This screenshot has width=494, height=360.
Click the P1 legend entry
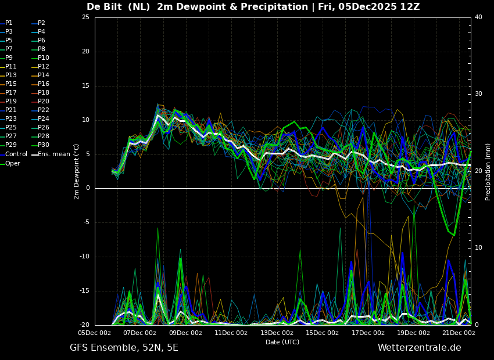[x=9, y=23]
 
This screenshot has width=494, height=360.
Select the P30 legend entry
[x=44, y=145]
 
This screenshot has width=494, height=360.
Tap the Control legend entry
[x=16, y=154]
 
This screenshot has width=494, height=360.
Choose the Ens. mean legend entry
[x=54, y=154]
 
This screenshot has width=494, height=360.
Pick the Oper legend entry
[x=13, y=164]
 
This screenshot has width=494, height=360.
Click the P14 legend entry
[x=44, y=75]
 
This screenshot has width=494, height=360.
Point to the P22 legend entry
[x=44, y=110]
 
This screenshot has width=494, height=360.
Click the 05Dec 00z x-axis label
[x=95, y=333]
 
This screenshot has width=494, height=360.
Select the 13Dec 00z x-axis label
[x=277, y=333]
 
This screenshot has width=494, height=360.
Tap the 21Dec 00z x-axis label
[x=459, y=333]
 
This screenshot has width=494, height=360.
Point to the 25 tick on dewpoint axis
[x=85, y=17]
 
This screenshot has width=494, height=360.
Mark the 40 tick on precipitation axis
[x=478, y=17]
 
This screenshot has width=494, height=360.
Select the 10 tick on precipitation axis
[x=478, y=248]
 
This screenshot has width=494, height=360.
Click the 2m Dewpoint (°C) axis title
[x=77, y=171]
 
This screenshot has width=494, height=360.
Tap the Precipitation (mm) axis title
[x=488, y=171]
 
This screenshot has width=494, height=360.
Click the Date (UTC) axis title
[x=282, y=343]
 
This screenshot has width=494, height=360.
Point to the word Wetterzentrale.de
[x=419, y=348]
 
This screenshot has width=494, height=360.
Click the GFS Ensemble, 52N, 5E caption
[x=124, y=348]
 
